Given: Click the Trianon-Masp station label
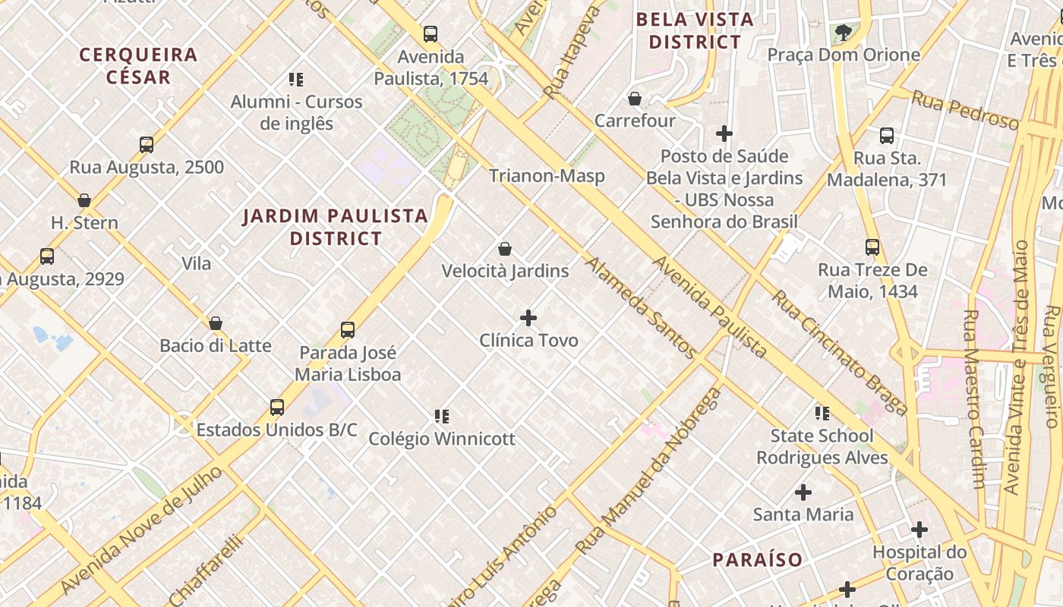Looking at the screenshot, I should (547, 176).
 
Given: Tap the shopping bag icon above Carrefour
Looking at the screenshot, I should (635, 99).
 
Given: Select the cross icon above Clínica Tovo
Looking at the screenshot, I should (528, 318).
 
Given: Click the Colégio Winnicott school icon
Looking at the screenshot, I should (442, 416).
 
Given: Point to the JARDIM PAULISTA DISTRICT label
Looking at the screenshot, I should (336, 227).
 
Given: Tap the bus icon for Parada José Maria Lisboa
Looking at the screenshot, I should (348, 330).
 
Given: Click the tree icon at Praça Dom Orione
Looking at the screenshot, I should (843, 32).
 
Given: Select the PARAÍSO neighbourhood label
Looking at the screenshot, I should (757, 560).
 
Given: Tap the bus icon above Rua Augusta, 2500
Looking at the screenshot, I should (147, 144).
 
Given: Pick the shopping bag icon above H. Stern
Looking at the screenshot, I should (84, 200).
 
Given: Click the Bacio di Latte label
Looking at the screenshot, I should (216, 346).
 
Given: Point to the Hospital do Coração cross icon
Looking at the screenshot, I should (919, 529).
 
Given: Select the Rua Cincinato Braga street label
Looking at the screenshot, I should (840, 353).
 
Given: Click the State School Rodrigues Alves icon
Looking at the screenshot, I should (822, 413).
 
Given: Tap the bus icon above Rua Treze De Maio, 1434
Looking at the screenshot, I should (872, 247).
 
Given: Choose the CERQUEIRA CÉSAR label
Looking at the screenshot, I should (138, 65).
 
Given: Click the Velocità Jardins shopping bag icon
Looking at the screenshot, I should (505, 249).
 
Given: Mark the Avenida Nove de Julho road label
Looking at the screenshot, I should (141, 530).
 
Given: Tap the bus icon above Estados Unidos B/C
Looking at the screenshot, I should (277, 407).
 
